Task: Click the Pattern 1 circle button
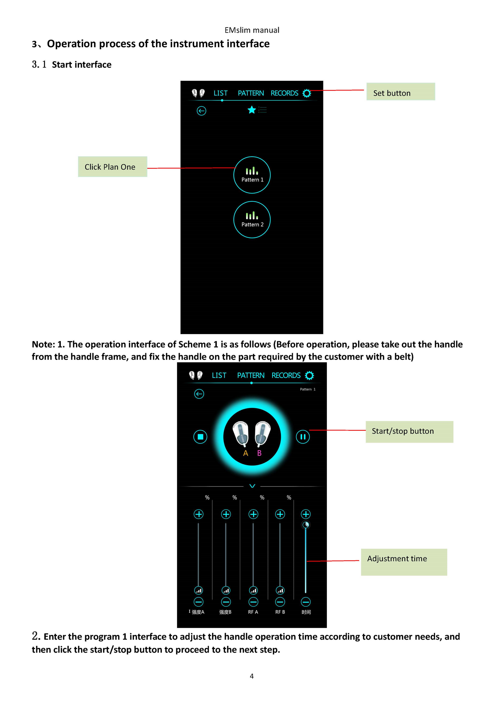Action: (252, 175)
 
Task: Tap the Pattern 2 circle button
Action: (252, 220)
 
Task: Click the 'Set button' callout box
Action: (400, 92)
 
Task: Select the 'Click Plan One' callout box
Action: (112, 167)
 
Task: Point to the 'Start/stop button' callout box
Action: (409, 432)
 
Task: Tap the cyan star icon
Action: (252, 110)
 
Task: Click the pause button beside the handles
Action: (303, 437)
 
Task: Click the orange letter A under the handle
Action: (245, 453)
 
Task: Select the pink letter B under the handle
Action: (259, 453)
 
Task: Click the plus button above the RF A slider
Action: (253, 514)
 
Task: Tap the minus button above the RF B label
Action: (280, 602)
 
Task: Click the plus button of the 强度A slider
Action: (199, 514)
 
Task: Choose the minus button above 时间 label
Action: (306, 602)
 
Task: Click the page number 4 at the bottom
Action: (252, 676)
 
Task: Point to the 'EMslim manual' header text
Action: (252, 30)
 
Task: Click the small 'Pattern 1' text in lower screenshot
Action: (308, 389)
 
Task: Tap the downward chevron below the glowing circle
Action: (252, 486)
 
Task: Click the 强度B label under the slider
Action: (225, 612)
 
